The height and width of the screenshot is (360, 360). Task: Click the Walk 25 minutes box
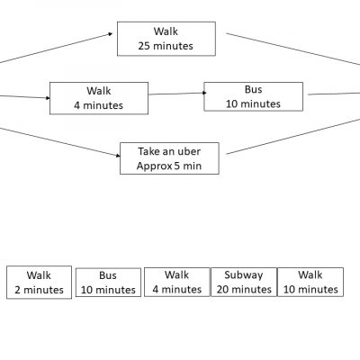166,39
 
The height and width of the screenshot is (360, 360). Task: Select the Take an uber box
169,158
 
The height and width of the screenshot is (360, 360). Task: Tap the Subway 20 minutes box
244,282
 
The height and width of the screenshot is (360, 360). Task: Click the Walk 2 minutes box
39,283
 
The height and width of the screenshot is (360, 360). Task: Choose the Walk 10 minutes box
310,282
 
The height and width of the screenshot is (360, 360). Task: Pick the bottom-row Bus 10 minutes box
108,283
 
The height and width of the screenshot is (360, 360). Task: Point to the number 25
144,46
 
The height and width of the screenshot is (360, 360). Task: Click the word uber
189,151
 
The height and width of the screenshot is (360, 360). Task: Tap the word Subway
244,275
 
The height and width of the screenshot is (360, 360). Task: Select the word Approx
154,166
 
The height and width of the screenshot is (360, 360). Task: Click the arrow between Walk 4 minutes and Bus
177,94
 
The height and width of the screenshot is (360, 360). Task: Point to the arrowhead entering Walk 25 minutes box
111,34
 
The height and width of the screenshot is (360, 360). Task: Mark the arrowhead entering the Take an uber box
118,156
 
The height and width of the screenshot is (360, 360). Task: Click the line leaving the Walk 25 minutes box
293,49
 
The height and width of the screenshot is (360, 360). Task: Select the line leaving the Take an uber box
293,137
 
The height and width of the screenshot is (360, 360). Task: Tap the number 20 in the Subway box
222,290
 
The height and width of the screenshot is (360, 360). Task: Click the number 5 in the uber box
177,166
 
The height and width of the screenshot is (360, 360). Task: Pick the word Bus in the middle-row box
254,89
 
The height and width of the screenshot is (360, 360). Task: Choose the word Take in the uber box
148,151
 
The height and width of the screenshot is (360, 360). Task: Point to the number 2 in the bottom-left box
18,290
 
